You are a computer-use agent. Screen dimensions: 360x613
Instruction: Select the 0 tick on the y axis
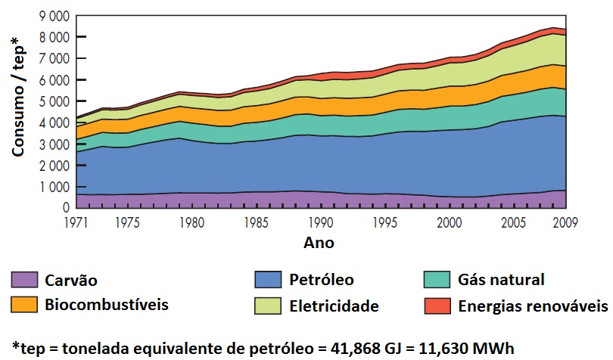click(66, 207)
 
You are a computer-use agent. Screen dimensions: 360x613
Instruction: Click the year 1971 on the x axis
click(76, 222)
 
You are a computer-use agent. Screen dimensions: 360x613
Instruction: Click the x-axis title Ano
click(319, 244)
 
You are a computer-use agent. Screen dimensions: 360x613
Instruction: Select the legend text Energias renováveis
click(532, 306)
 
